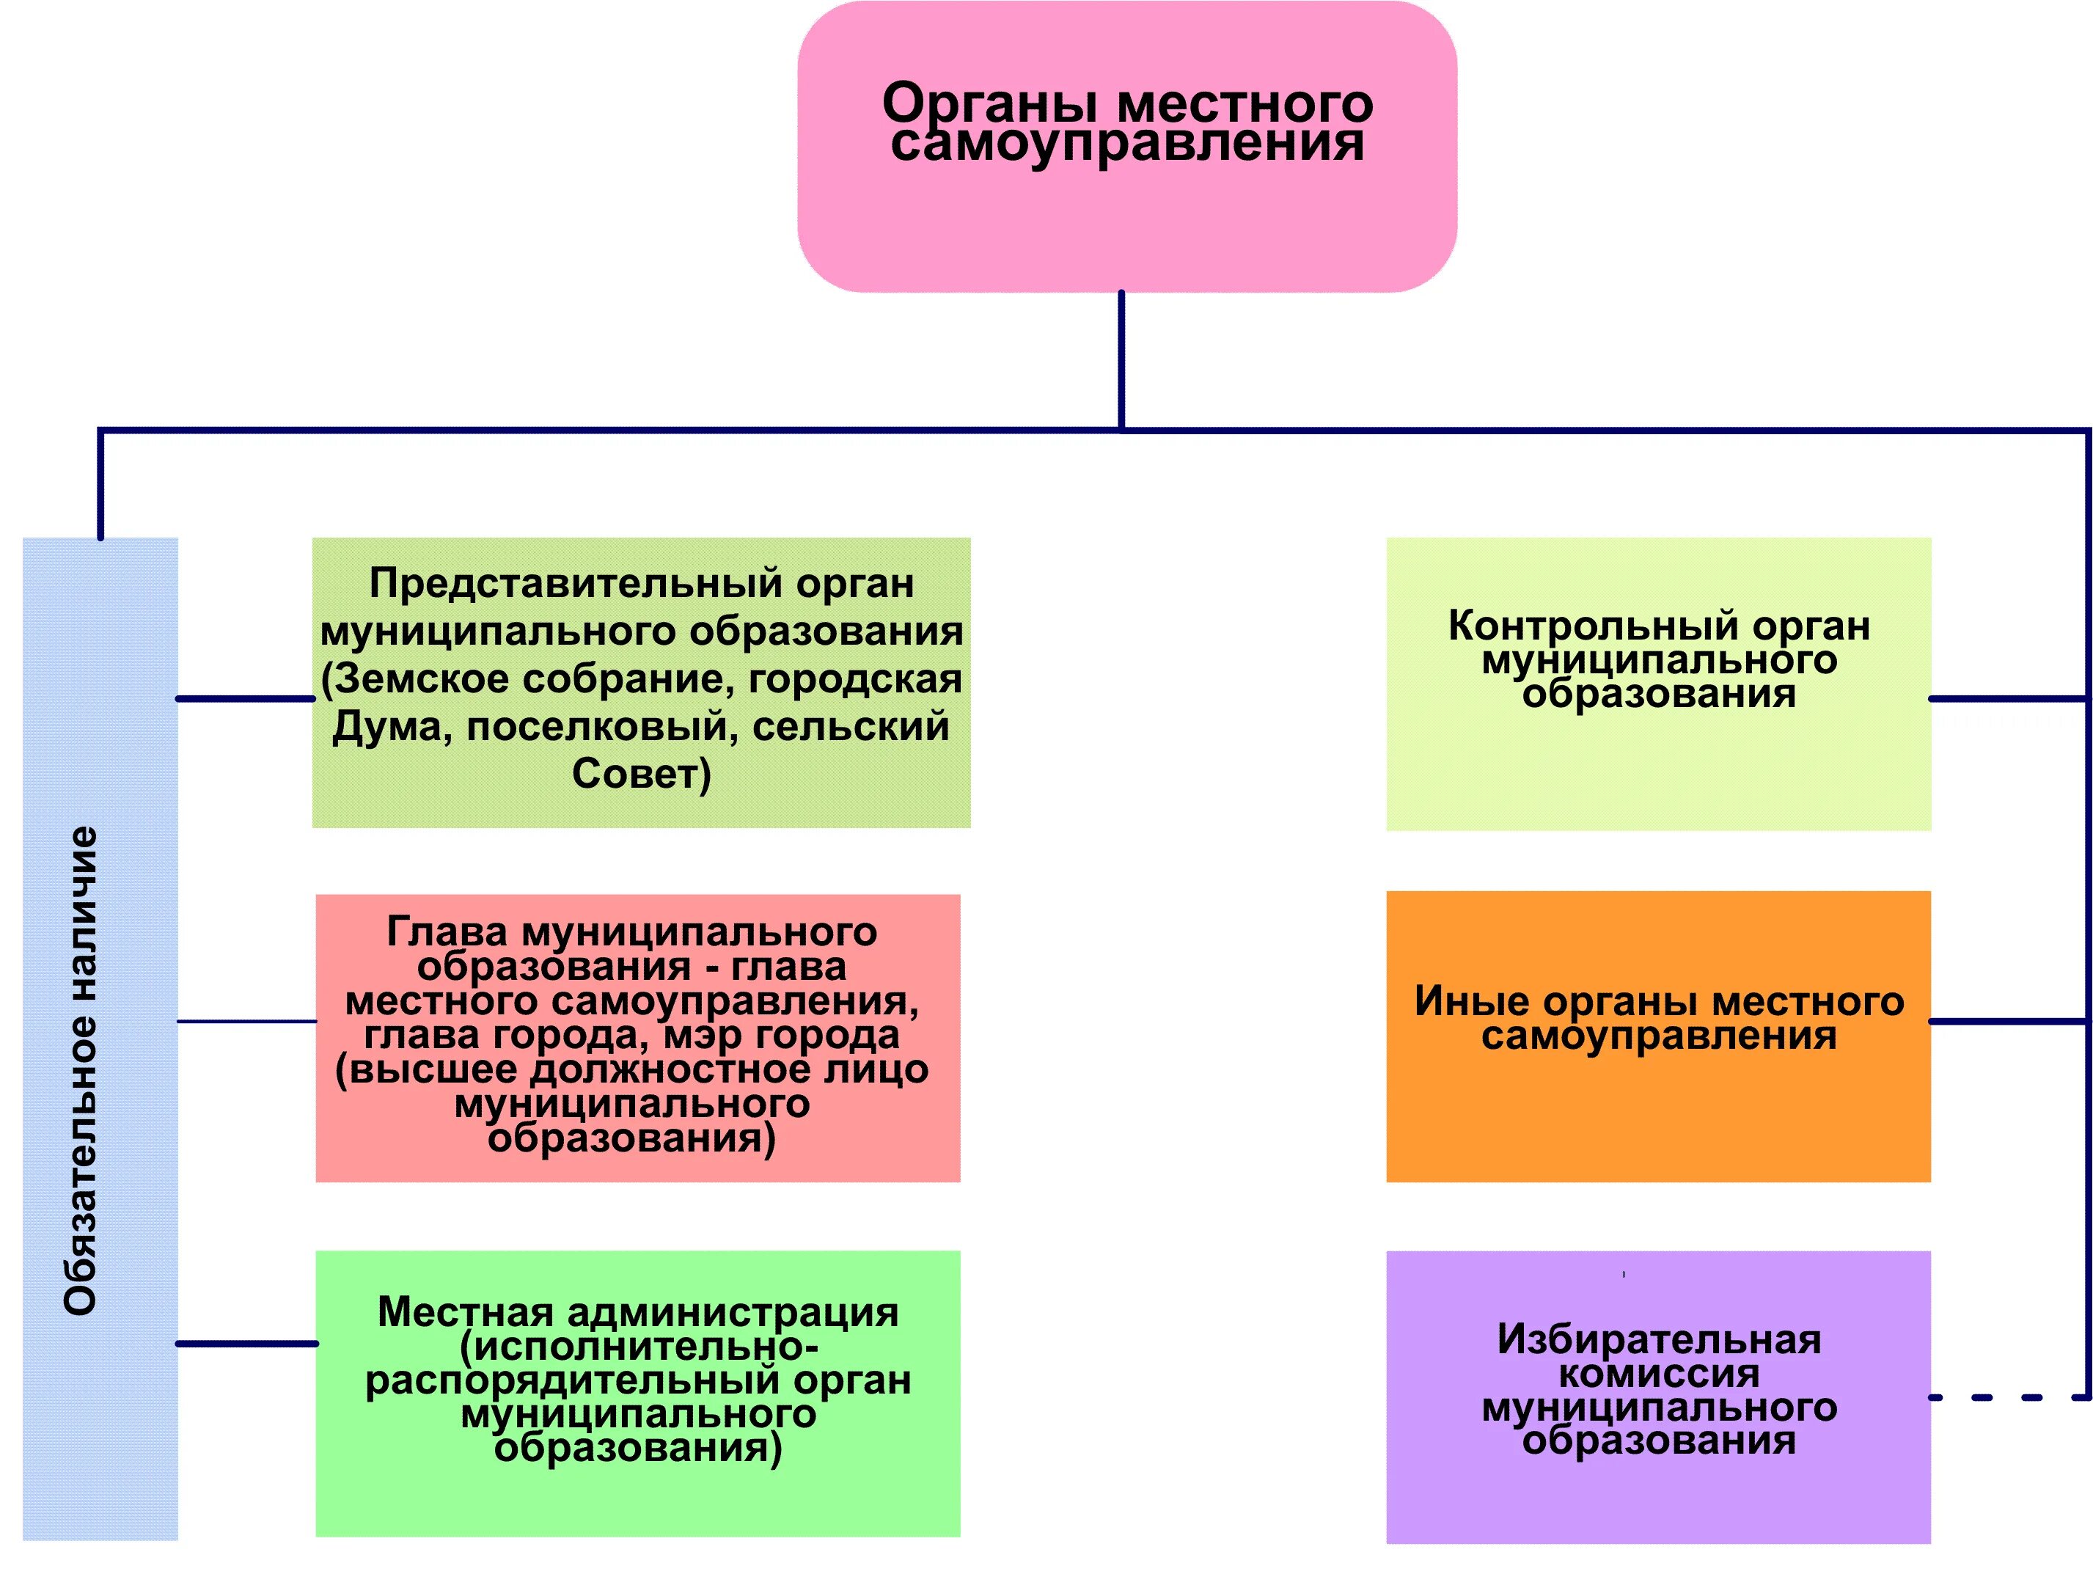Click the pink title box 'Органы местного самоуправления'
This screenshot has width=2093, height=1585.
click(1126, 147)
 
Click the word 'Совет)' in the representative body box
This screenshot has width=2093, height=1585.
click(640, 774)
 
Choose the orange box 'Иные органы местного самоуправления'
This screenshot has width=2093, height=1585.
click(1657, 1036)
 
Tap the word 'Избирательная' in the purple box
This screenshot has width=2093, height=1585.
click(1657, 1340)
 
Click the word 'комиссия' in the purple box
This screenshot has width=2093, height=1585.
click(1657, 1374)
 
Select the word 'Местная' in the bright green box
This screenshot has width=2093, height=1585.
click(465, 1312)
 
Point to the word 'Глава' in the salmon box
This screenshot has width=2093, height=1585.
click(447, 932)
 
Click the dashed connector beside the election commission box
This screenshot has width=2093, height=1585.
click(2006, 1397)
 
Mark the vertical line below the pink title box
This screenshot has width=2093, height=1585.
click(1121, 359)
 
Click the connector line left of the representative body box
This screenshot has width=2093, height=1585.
click(245, 699)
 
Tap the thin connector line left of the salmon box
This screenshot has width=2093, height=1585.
click(246, 1022)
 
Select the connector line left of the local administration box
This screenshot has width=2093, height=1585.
click(246, 1344)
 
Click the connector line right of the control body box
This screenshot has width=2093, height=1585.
click(2006, 699)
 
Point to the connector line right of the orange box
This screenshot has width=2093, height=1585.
click(2006, 1022)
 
